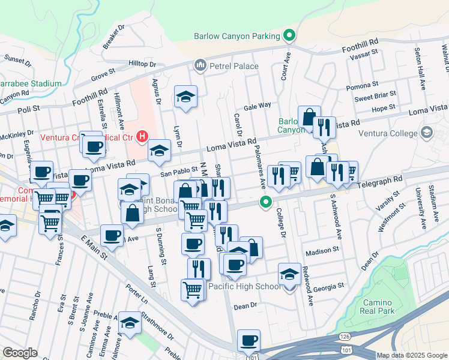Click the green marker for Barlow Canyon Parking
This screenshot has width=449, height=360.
click(x=289, y=36)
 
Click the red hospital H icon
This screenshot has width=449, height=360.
click(x=142, y=137)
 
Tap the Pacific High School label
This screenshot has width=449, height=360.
click(x=244, y=286)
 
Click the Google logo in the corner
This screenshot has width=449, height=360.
click(x=20, y=353)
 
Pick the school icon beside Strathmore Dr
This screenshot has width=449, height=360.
click(x=130, y=321)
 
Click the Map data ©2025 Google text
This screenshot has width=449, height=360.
click(x=411, y=355)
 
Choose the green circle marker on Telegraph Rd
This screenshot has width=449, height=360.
click(x=265, y=203)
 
